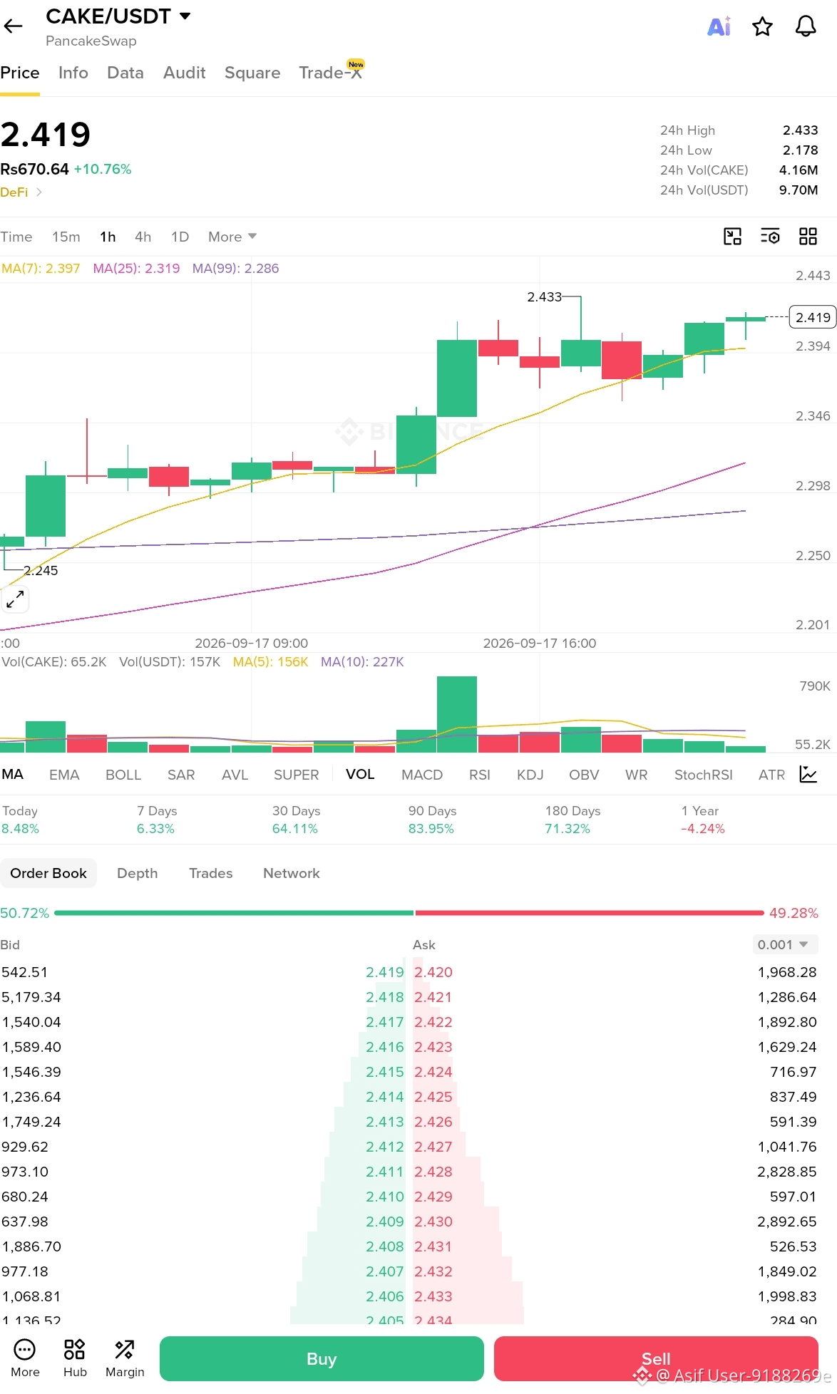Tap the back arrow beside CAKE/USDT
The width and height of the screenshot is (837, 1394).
pos(13,27)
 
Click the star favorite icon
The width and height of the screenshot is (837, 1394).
pos(762,27)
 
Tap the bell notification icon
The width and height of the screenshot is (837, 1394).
pos(806,27)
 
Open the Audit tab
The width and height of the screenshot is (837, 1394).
pos(184,73)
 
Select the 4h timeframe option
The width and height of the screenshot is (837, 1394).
pos(143,237)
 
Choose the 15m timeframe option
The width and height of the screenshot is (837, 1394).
pos(66,237)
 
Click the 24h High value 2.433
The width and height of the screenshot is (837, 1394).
pos(800,130)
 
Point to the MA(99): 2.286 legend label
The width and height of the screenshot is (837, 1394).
pos(235,269)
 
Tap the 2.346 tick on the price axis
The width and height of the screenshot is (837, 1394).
pos(813,416)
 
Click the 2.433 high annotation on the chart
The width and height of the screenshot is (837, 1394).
pos(544,297)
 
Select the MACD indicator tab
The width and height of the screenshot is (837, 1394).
pos(422,775)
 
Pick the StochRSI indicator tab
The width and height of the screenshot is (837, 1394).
pos(703,775)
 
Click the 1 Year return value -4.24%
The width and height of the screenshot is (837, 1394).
pos(702,829)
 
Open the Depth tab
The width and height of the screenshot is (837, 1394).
pos(137,873)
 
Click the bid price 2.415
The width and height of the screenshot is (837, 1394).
pos(384,1072)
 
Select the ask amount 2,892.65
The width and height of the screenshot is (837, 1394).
pos(787,1222)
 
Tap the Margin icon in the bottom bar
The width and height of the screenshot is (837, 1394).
pos(125,1358)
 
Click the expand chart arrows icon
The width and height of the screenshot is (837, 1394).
pos(15,599)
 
